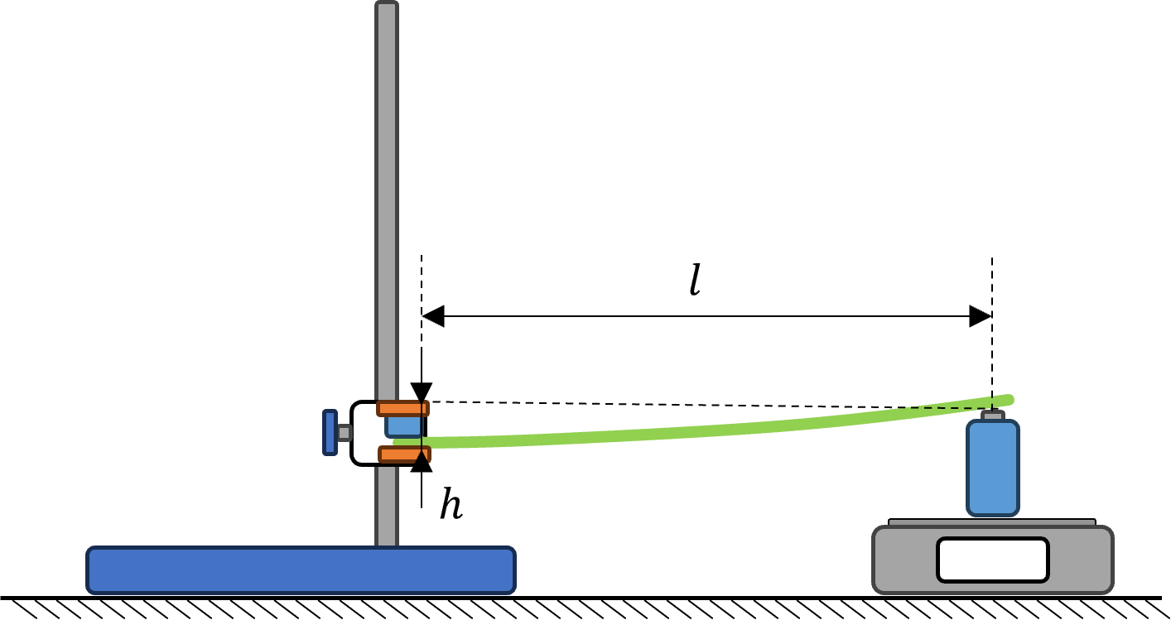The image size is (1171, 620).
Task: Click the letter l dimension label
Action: (x=695, y=281)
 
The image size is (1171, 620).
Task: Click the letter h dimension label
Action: (x=451, y=503)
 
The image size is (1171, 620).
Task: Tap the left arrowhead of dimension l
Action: (x=433, y=316)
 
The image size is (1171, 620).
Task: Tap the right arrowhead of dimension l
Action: (x=981, y=316)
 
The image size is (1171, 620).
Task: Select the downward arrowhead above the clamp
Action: (x=422, y=392)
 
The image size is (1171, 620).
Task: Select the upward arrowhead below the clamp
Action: (x=422, y=462)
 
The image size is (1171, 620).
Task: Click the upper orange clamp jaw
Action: (x=403, y=408)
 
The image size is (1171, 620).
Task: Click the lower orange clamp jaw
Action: (x=404, y=454)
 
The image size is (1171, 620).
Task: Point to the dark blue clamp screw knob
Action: (x=330, y=432)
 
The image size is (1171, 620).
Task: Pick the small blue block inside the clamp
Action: (x=403, y=427)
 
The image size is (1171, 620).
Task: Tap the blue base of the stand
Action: (x=301, y=570)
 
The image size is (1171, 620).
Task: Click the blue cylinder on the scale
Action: (x=993, y=468)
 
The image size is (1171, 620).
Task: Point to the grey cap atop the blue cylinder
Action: (x=993, y=416)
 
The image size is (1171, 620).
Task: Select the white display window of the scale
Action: (x=993, y=560)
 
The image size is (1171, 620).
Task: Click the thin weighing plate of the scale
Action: (x=992, y=522)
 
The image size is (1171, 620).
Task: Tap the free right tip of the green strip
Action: (x=1011, y=400)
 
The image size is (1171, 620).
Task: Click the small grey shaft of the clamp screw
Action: (x=344, y=432)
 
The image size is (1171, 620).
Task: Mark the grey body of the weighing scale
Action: (x=993, y=560)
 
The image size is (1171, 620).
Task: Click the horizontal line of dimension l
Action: (x=706, y=316)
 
